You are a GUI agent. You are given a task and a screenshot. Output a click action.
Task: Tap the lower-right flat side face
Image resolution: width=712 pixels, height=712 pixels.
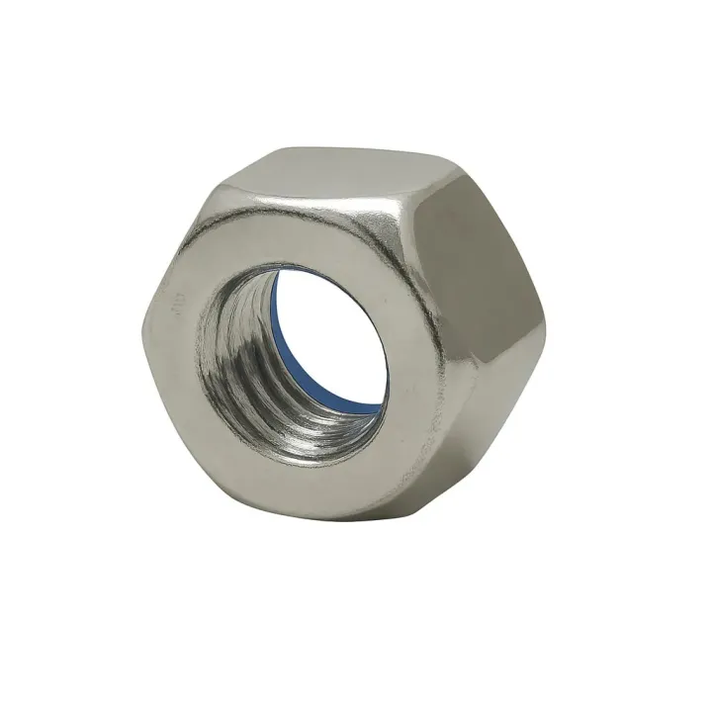(x=494, y=415)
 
